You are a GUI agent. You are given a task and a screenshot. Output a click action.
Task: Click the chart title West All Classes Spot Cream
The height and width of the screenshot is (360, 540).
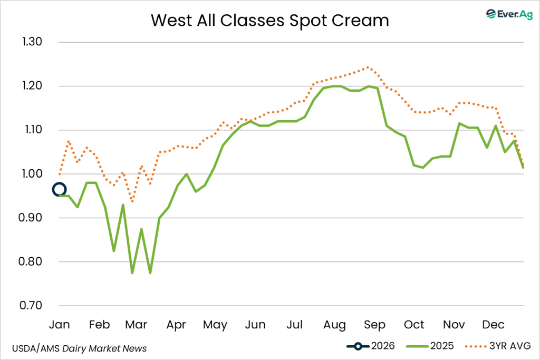(x=269, y=20)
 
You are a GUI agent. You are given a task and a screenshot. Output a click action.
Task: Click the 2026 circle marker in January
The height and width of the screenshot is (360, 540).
(x=59, y=190)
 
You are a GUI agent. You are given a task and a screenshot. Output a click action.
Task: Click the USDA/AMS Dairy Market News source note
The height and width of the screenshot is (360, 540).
(x=79, y=348)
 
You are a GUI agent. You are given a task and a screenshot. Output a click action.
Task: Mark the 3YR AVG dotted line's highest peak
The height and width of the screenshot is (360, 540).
(x=368, y=67)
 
